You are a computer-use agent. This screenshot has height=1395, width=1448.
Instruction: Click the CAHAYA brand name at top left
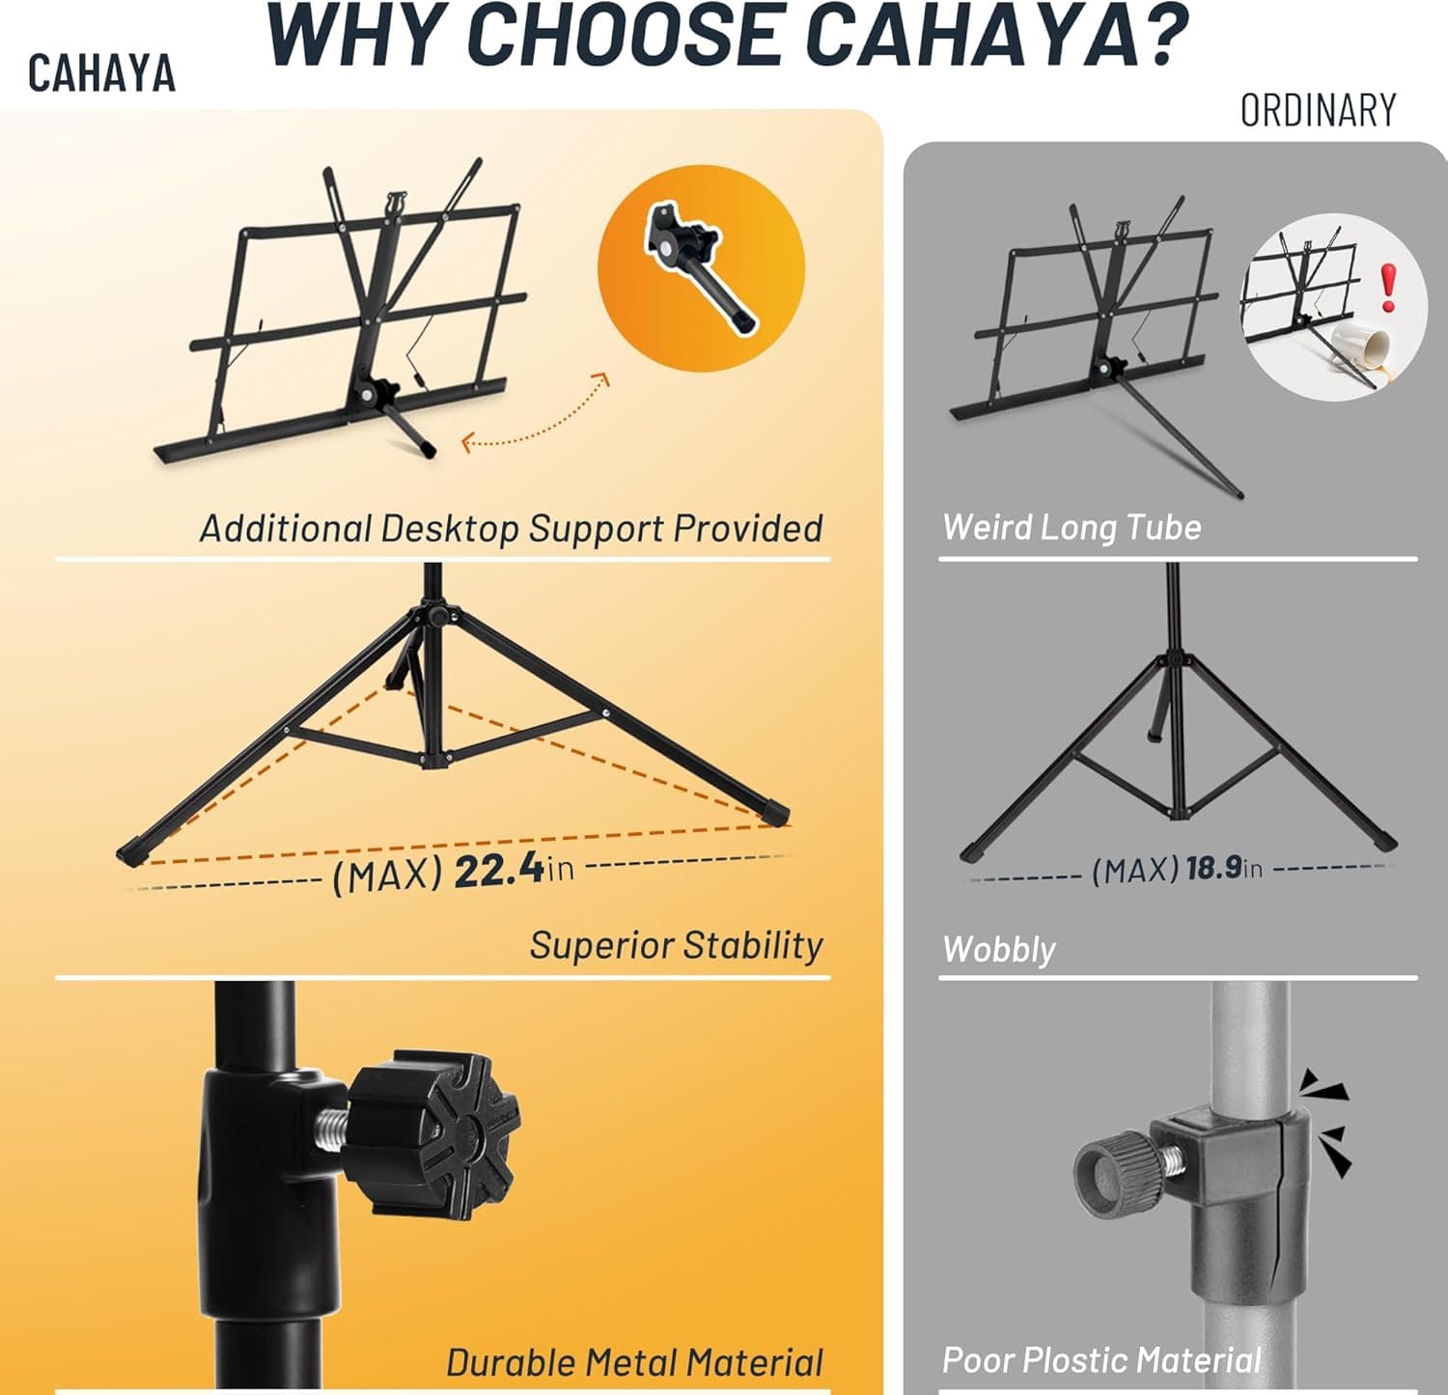[101, 74]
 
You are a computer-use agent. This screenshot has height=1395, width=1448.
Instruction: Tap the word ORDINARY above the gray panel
[1318, 111]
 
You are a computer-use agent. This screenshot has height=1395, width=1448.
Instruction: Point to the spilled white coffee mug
[1361, 348]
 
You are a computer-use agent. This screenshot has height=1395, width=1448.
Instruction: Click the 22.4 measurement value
[499, 871]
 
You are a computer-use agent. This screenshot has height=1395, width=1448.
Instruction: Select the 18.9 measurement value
[1213, 868]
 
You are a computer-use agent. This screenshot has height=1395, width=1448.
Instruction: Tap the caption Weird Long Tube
[1072, 527]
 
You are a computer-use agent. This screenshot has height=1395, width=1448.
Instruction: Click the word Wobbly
[999, 949]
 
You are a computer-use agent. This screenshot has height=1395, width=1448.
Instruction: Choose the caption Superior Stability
[676, 945]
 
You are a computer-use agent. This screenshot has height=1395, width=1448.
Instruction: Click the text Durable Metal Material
[634, 1362]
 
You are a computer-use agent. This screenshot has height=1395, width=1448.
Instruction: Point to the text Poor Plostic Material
[1101, 1360]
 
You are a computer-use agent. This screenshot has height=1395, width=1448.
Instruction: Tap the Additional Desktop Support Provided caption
[511, 528]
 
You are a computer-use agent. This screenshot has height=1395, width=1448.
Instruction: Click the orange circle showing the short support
[701, 268]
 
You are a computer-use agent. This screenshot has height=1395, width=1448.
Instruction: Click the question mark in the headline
[1154, 37]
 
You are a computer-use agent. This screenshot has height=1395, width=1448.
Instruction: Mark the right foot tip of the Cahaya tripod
[778, 814]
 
